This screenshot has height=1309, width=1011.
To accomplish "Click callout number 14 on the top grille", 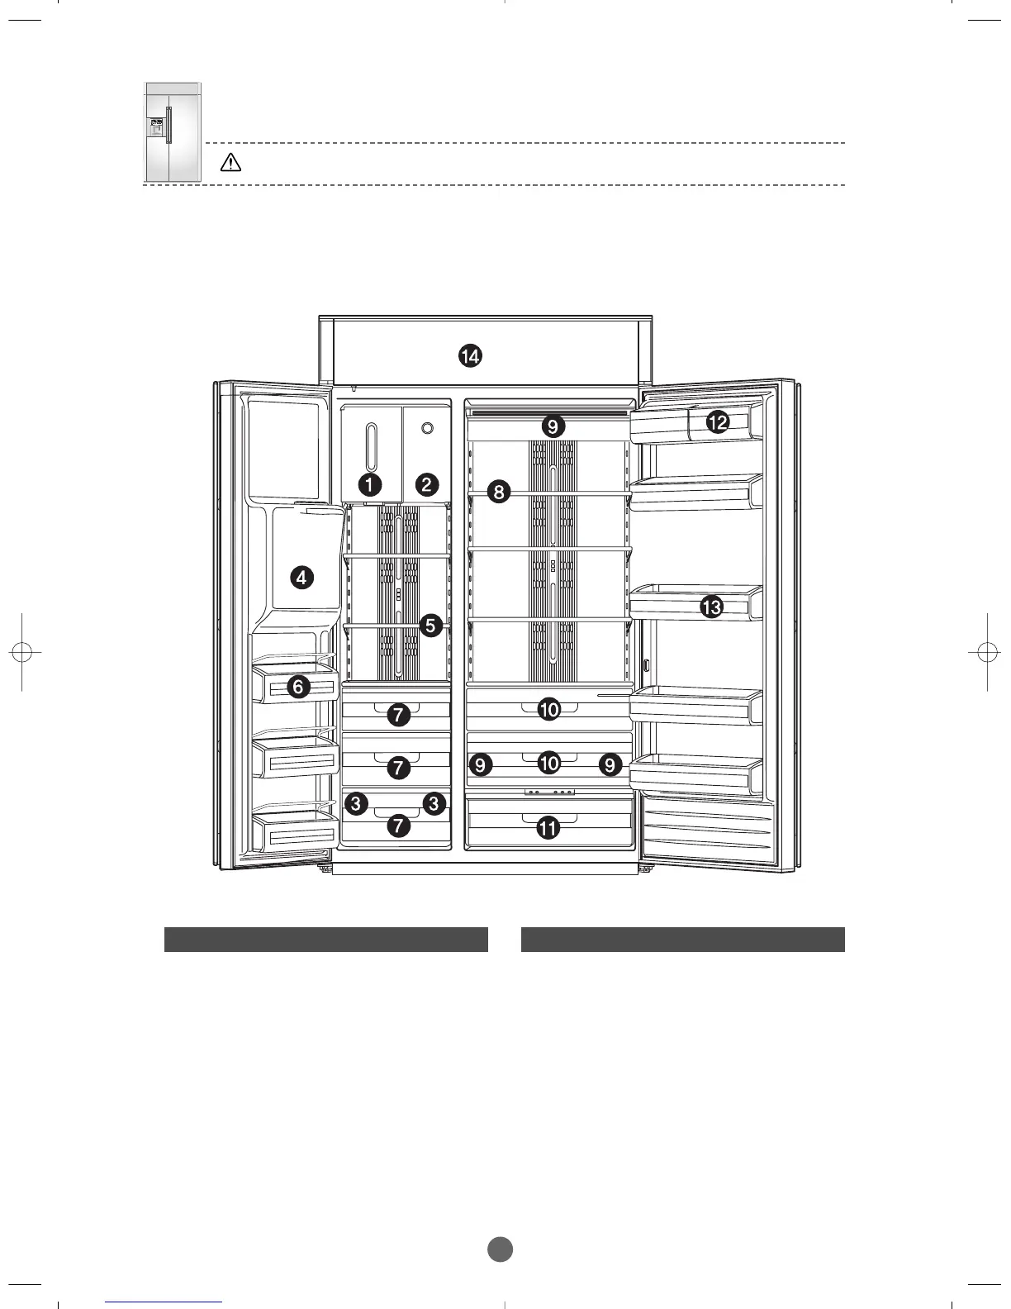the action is coord(470,356).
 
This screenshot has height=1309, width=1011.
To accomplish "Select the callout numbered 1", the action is coord(370,484).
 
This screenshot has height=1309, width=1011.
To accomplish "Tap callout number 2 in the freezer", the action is coord(427,484).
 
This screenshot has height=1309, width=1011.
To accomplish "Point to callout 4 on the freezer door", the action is coord(301,578).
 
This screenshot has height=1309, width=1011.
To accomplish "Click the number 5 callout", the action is coord(430,626).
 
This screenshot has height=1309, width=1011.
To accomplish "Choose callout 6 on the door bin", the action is coord(298,687).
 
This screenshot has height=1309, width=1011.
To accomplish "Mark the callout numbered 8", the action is coord(499,492).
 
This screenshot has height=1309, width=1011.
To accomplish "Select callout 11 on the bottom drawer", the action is coord(548,828).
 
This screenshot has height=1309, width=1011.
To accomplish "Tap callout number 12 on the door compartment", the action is coord(717,422).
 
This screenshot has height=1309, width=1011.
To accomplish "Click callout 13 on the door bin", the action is coord(711,606).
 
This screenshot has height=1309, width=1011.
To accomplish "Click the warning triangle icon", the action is coord(230,163).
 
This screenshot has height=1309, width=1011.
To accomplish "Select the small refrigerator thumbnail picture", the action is coord(173,132).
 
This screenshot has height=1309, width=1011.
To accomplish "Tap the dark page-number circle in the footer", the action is coord(500,1249).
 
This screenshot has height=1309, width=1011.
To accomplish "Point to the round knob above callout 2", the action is coord(427,428).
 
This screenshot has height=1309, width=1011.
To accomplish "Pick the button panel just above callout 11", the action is coord(549,792).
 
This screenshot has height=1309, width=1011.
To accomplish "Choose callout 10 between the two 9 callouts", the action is coord(548,764).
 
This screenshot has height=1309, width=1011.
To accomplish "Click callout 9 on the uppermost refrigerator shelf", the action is coord(553,426).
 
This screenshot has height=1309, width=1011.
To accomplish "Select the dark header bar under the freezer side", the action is coord(325,940).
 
